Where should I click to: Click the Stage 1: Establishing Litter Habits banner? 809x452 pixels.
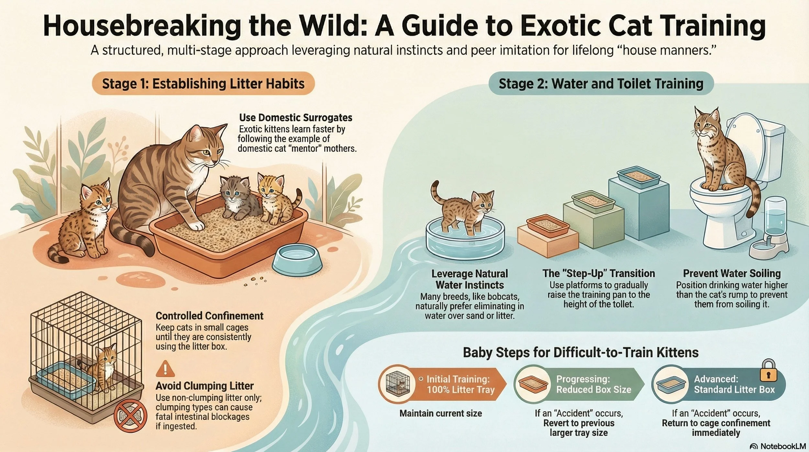pos(203,84)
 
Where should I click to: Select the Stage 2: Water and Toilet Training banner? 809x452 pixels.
pos(601,84)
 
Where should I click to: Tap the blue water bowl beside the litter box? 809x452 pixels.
pos(297,259)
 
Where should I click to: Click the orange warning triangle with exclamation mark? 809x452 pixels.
pos(165,369)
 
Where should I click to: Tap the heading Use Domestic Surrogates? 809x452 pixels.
pos(295,117)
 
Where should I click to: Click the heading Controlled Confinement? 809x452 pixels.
pos(209,316)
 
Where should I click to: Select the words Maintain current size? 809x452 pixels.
pos(440,413)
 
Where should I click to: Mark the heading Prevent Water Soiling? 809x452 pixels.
pos(732,273)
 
